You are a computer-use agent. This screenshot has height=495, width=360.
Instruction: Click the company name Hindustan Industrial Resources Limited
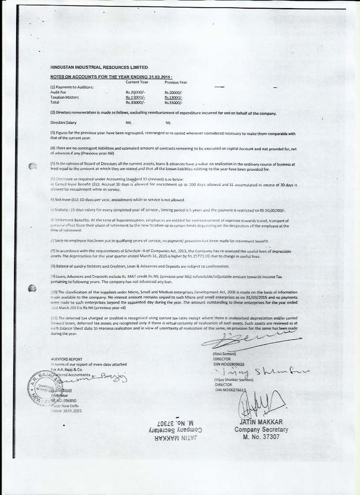[x=99, y=67]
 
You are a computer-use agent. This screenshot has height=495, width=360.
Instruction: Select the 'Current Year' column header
[x=137, y=82]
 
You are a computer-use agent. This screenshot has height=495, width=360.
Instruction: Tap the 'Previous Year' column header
[x=176, y=82]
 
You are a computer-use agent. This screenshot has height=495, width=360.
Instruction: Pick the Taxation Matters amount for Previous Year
[x=174, y=98]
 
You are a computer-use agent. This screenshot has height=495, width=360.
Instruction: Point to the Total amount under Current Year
[x=135, y=102]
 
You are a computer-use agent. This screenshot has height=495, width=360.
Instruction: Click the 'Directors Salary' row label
[x=63, y=123]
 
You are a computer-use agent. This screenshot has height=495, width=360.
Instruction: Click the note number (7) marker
[x=53, y=251]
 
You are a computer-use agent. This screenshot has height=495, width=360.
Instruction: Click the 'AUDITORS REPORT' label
[x=66, y=360]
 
